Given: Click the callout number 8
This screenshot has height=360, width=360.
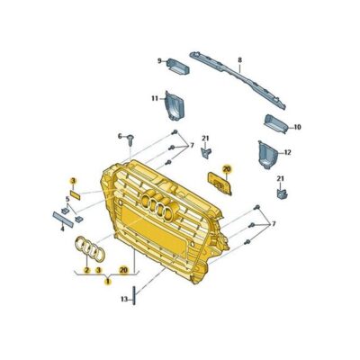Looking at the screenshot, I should tap(240, 60).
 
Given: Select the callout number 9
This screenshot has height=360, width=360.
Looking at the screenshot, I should tap(160, 61).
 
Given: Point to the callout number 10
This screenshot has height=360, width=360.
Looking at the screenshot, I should tap(298, 127).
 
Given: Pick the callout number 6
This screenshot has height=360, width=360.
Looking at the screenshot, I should tap(119, 136).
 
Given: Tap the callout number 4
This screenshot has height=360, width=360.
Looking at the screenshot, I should tap(62, 228).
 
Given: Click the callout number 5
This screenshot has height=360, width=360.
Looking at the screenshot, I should tap(67, 199).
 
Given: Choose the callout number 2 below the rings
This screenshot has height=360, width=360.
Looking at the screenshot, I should tap(86, 269).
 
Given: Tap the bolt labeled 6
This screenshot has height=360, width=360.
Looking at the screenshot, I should tap(131, 138).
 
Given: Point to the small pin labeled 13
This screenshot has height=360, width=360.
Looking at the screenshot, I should tap(135, 294).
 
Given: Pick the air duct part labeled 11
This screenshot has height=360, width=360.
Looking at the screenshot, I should tap(173, 107).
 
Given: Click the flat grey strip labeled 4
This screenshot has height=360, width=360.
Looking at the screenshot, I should tap(68, 216).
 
